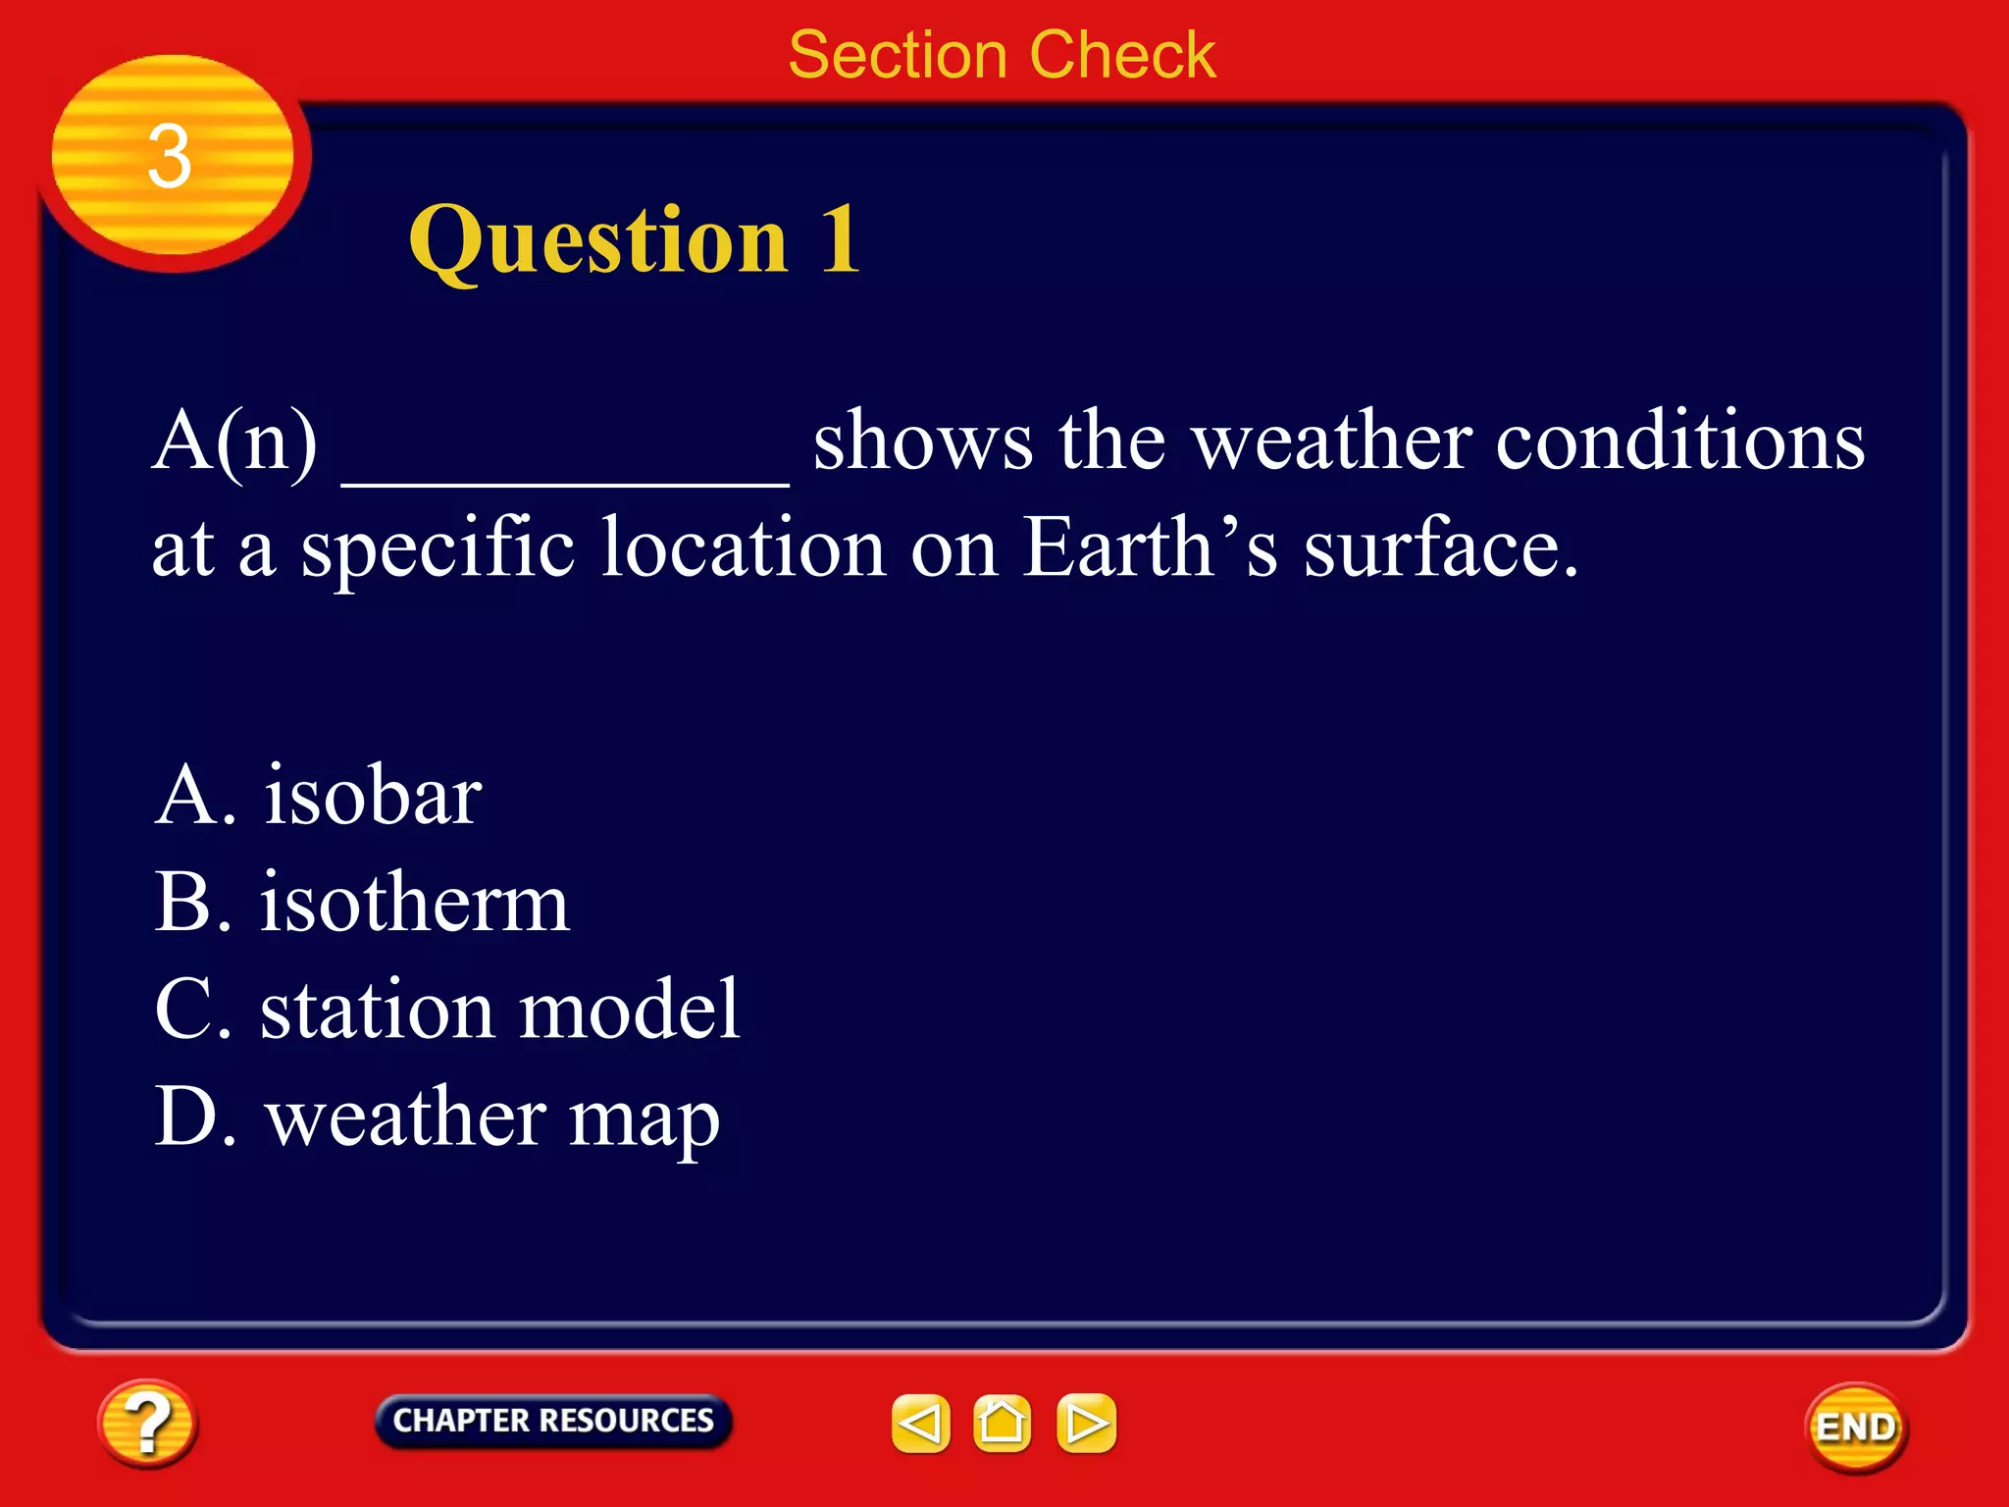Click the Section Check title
click(1002, 55)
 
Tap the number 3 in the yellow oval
click(169, 157)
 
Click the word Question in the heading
click(598, 240)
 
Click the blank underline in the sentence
click(565, 471)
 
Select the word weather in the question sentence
click(1331, 442)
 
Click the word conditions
click(1679, 442)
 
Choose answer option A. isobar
click(319, 796)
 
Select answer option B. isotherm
click(362, 903)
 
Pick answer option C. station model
click(447, 1010)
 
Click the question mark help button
click(147, 1423)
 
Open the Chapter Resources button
click(553, 1421)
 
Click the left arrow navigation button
click(920, 1423)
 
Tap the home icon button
click(1002, 1423)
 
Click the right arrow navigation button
click(1086, 1423)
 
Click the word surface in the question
click(1440, 547)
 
